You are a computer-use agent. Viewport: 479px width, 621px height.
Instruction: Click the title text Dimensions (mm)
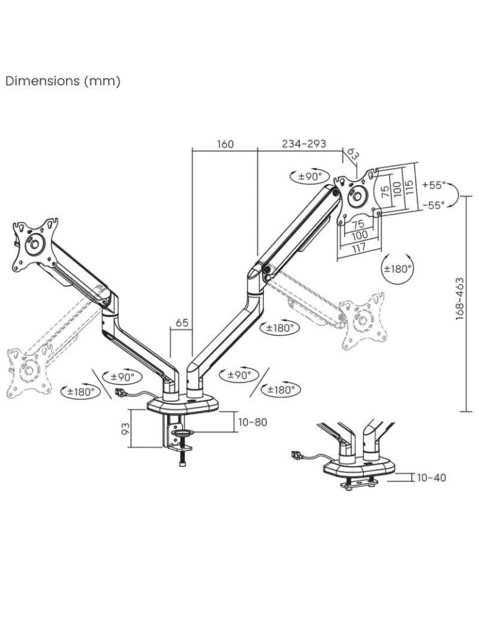click(x=63, y=81)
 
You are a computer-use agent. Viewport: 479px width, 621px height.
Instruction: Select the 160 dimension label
click(x=225, y=144)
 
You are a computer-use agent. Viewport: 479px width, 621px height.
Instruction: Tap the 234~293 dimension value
click(x=304, y=144)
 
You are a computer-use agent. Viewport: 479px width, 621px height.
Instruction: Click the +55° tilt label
click(x=433, y=185)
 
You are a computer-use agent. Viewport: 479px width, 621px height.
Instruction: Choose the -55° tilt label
click(x=433, y=206)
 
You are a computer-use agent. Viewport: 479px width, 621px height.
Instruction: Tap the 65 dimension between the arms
click(x=181, y=323)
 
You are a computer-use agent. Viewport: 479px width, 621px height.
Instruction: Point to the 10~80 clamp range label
click(x=252, y=422)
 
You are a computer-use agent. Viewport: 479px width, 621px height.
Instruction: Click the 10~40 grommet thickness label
click(x=431, y=478)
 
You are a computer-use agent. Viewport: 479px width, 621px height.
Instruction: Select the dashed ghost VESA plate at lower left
click(x=25, y=371)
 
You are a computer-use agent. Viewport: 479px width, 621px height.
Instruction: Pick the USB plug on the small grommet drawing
click(x=296, y=457)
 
